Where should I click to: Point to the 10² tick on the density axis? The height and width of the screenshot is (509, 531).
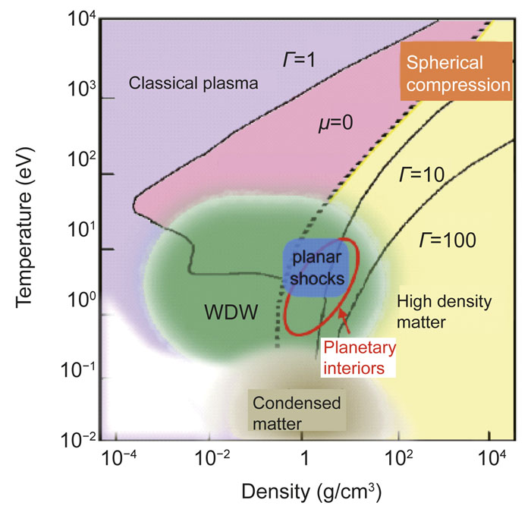point(397,459)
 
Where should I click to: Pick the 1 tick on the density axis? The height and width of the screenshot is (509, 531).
point(304,459)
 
